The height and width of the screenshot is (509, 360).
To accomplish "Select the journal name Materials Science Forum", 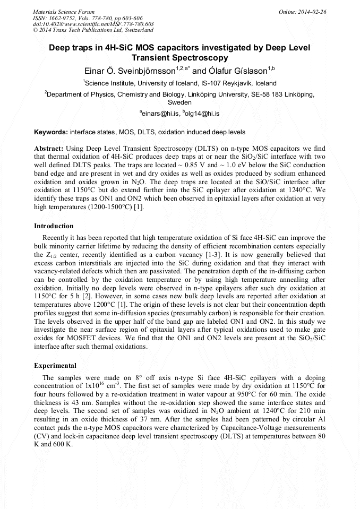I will click(x=64, y=11).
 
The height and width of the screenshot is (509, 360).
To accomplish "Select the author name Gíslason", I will click(x=245, y=70).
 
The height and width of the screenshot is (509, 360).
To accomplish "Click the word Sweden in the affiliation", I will click(x=179, y=102).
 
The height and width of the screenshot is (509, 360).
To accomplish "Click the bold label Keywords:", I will click(x=51, y=132).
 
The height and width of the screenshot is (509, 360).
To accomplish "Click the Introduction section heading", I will click(x=54, y=226).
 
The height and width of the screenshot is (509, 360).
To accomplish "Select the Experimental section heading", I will click(x=55, y=366).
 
